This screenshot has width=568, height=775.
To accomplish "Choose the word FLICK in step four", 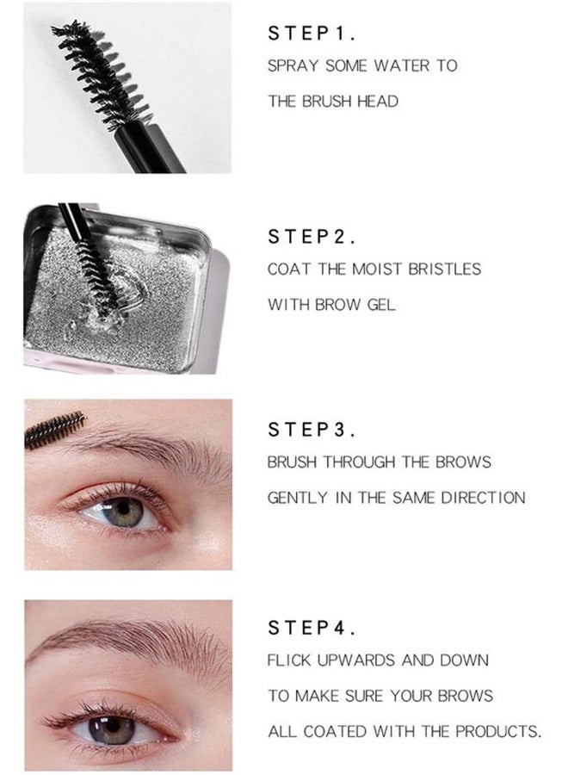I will pos(288,660).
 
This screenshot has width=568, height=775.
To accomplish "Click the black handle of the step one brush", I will pos(155,149).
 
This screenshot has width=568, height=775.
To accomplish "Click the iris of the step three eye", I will pos(125,512).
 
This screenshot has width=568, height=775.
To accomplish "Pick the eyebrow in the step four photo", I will pos(129,642).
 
